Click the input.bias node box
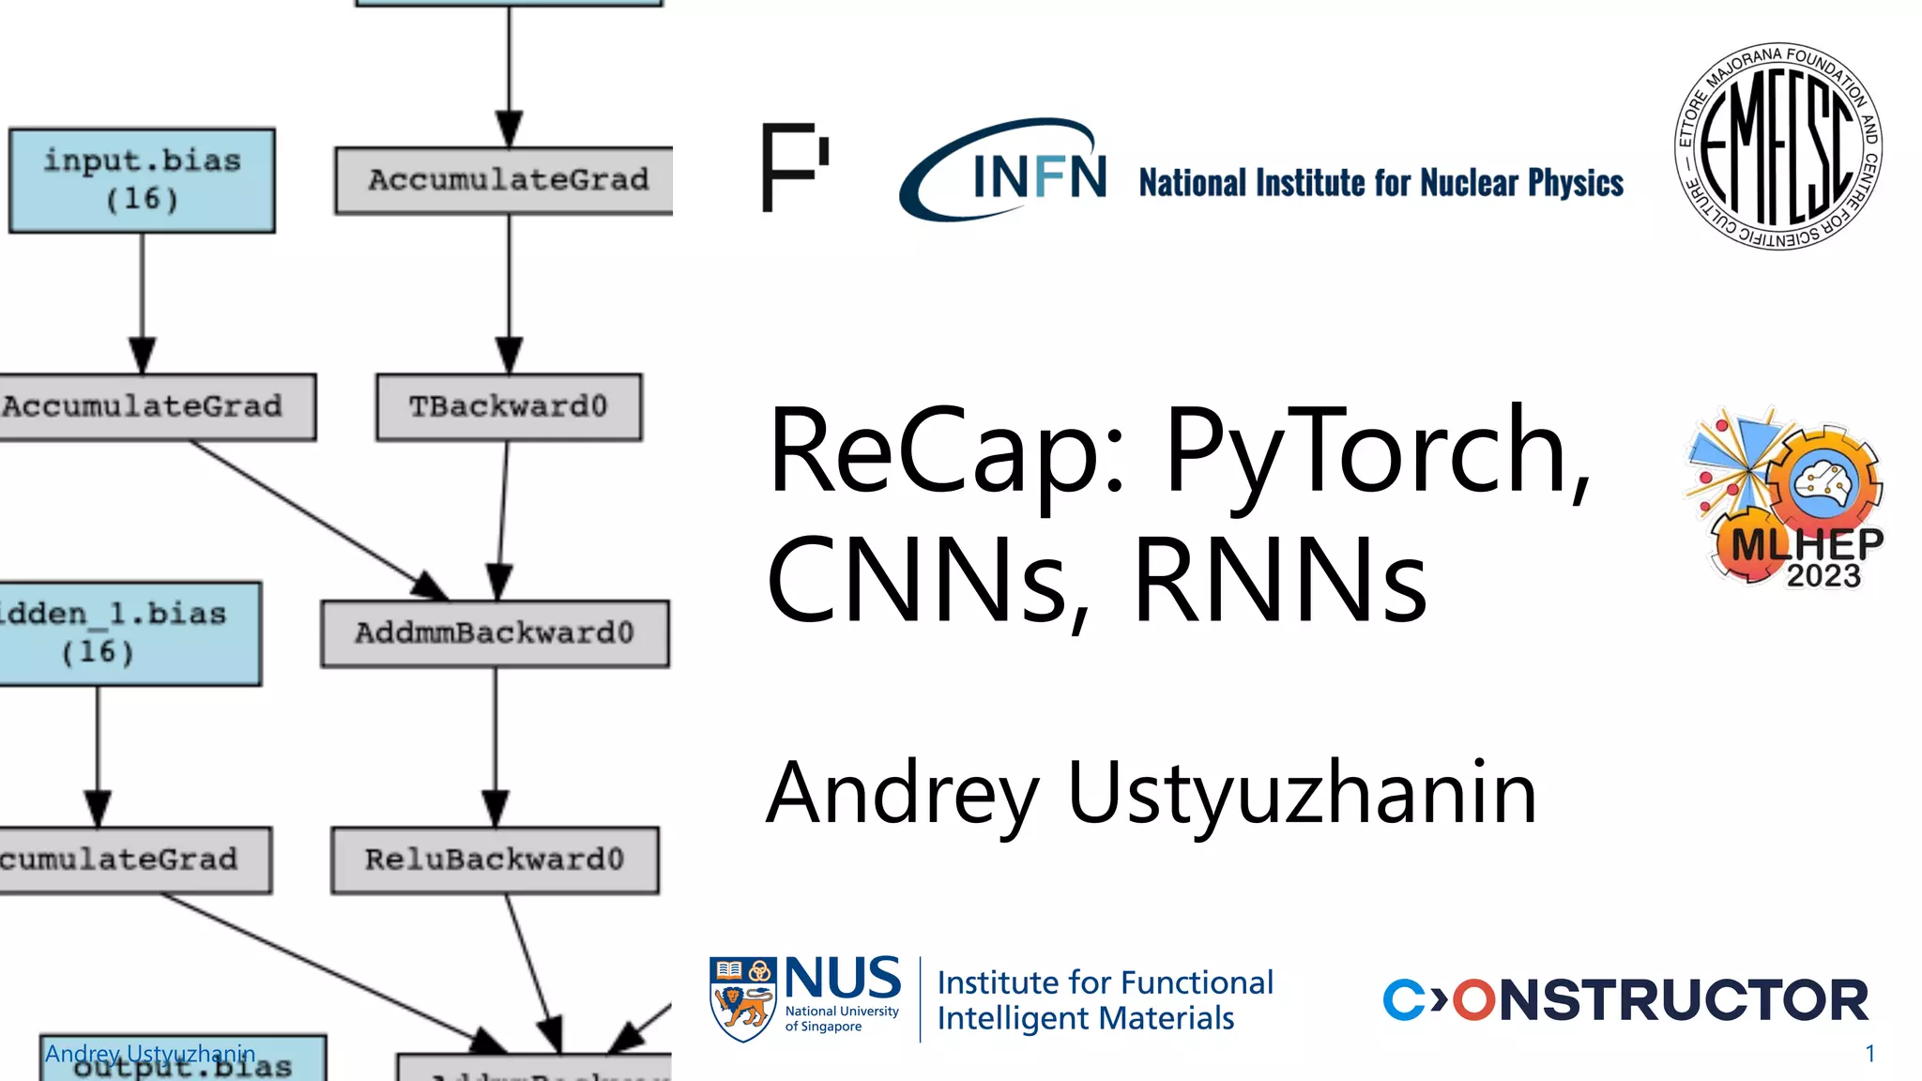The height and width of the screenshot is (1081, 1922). click(x=142, y=180)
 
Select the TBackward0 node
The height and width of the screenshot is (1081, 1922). click(x=509, y=406)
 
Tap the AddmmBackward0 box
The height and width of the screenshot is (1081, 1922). click(x=495, y=633)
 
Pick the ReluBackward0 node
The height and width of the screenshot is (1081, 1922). click(x=495, y=860)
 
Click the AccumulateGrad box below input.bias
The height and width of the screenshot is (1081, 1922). click(x=150, y=406)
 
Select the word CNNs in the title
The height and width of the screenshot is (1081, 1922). click(x=929, y=579)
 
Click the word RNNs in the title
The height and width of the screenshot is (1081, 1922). click(x=1280, y=579)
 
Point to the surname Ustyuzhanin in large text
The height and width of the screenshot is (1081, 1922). click(x=1302, y=793)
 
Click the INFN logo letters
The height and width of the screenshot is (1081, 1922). click(x=1038, y=175)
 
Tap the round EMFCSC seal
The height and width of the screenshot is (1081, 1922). click(x=1778, y=146)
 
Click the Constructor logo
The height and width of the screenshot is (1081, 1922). click(x=1625, y=999)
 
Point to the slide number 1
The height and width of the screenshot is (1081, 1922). click(x=1869, y=1054)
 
